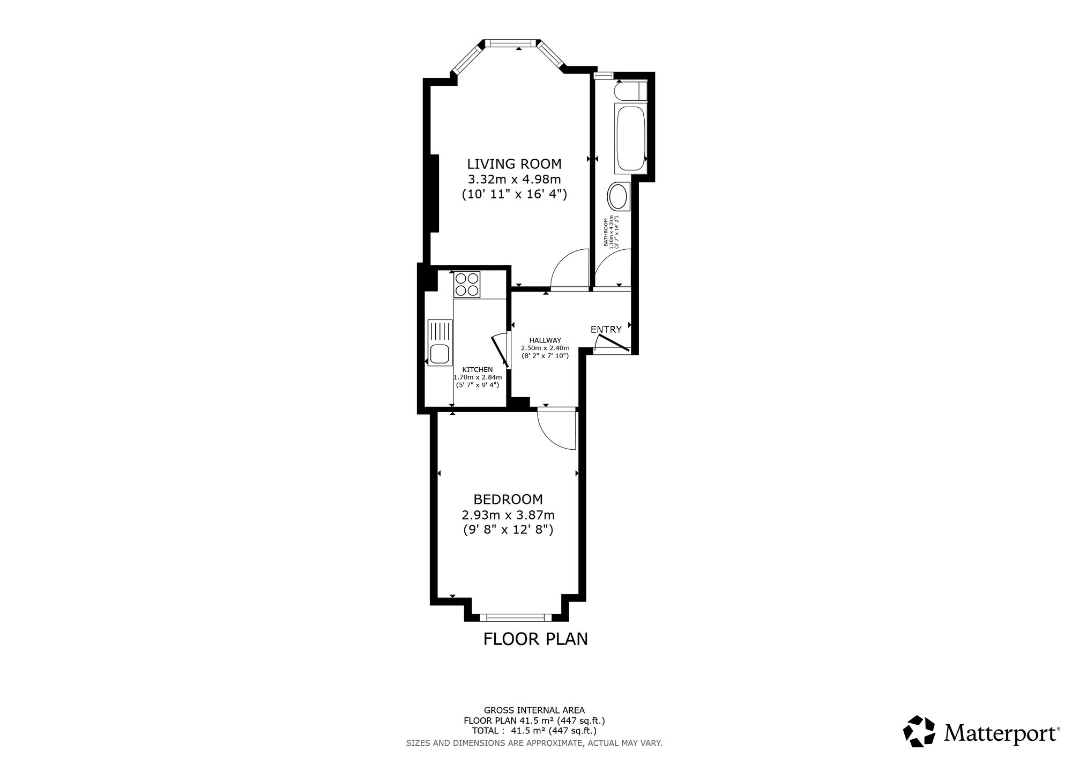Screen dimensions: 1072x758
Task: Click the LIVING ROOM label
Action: [x=514, y=164]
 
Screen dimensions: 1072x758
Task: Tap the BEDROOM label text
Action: [x=508, y=500]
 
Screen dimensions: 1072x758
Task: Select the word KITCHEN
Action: [x=477, y=369]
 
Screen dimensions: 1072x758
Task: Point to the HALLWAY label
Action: [x=545, y=340]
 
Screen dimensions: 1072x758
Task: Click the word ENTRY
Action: [x=606, y=330]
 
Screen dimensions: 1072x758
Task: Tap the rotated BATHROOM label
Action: [x=607, y=232]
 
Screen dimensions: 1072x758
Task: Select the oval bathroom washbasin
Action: [x=618, y=197]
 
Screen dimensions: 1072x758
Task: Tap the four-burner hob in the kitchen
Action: [x=467, y=284]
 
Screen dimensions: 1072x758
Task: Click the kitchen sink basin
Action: [x=440, y=354]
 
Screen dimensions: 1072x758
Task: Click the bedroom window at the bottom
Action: [x=515, y=617]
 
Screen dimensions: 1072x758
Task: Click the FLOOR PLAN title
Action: [x=535, y=639]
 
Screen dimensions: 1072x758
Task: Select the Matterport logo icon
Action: [x=920, y=731]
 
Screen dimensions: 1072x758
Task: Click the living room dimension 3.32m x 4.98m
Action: [x=514, y=179]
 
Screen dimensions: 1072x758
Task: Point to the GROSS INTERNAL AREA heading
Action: [x=534, y=711]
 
